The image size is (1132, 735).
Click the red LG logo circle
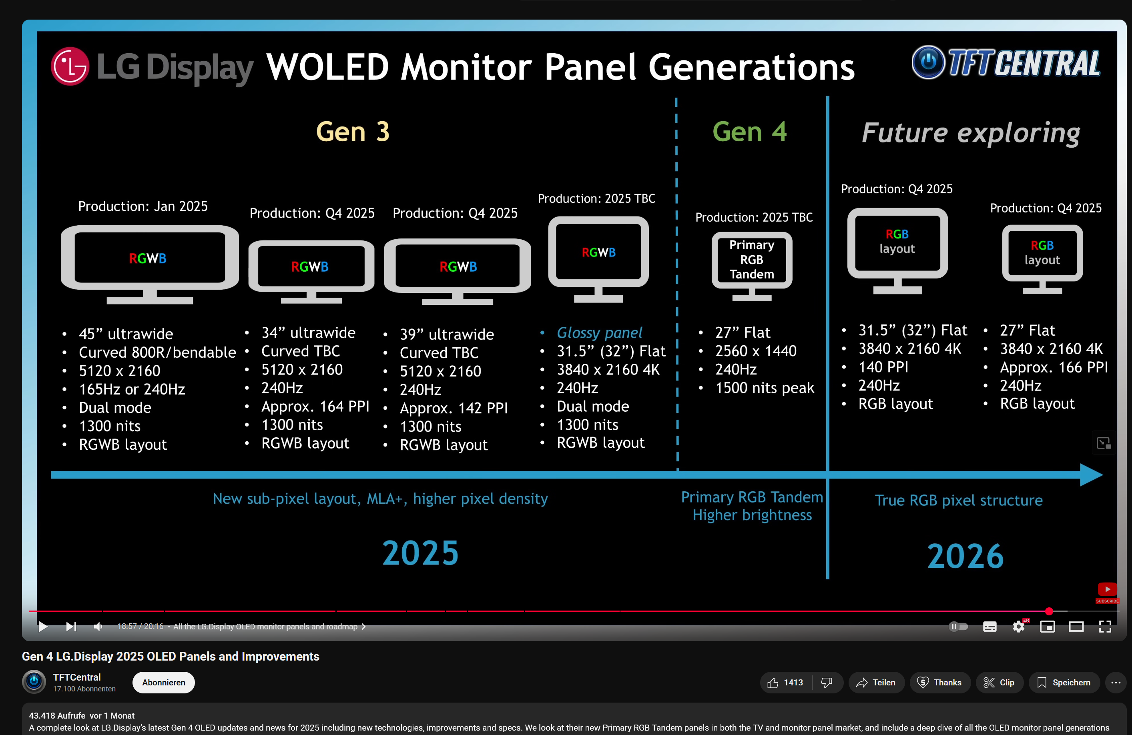click(70, 66)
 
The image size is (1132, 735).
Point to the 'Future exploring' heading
click(970, 133)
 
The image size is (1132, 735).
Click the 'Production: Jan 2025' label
click(143, 206)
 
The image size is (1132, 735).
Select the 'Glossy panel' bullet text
click(599, 332)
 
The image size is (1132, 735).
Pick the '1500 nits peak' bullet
click(764, 388)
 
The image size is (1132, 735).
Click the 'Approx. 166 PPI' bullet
click(1054, 367)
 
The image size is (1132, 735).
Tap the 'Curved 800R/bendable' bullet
click(157, 352)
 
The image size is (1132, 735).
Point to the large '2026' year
click(965, 556)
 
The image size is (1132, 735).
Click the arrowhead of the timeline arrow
click(1092, 475)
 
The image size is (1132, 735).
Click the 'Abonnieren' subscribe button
click(163, 682)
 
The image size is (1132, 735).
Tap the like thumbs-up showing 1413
click(785, 682)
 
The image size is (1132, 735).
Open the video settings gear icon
click(1018, 627)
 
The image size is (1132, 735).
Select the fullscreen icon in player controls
click(1105, 627)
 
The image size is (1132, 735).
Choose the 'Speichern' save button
click(1064, 682)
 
